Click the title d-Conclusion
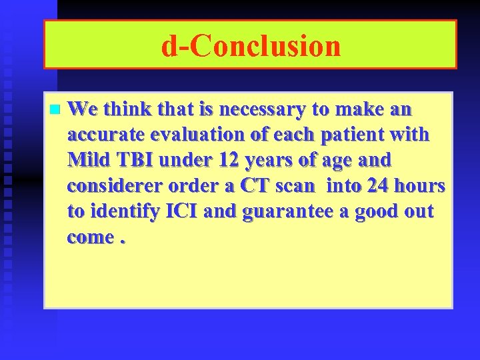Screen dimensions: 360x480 point(251,45)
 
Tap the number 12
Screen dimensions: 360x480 point(233,161)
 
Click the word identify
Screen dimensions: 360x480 point(121,213)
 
